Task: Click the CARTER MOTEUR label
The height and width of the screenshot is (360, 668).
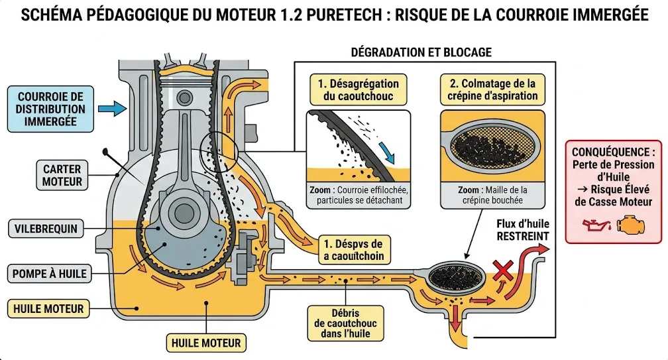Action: point(62,176)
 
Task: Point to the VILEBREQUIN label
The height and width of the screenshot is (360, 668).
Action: point(46,229)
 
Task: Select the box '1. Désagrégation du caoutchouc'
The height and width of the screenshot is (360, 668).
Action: point(359,90)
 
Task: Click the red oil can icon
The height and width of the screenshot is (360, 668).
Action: point(592,225)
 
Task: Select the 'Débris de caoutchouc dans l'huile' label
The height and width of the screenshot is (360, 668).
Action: point(344,323)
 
